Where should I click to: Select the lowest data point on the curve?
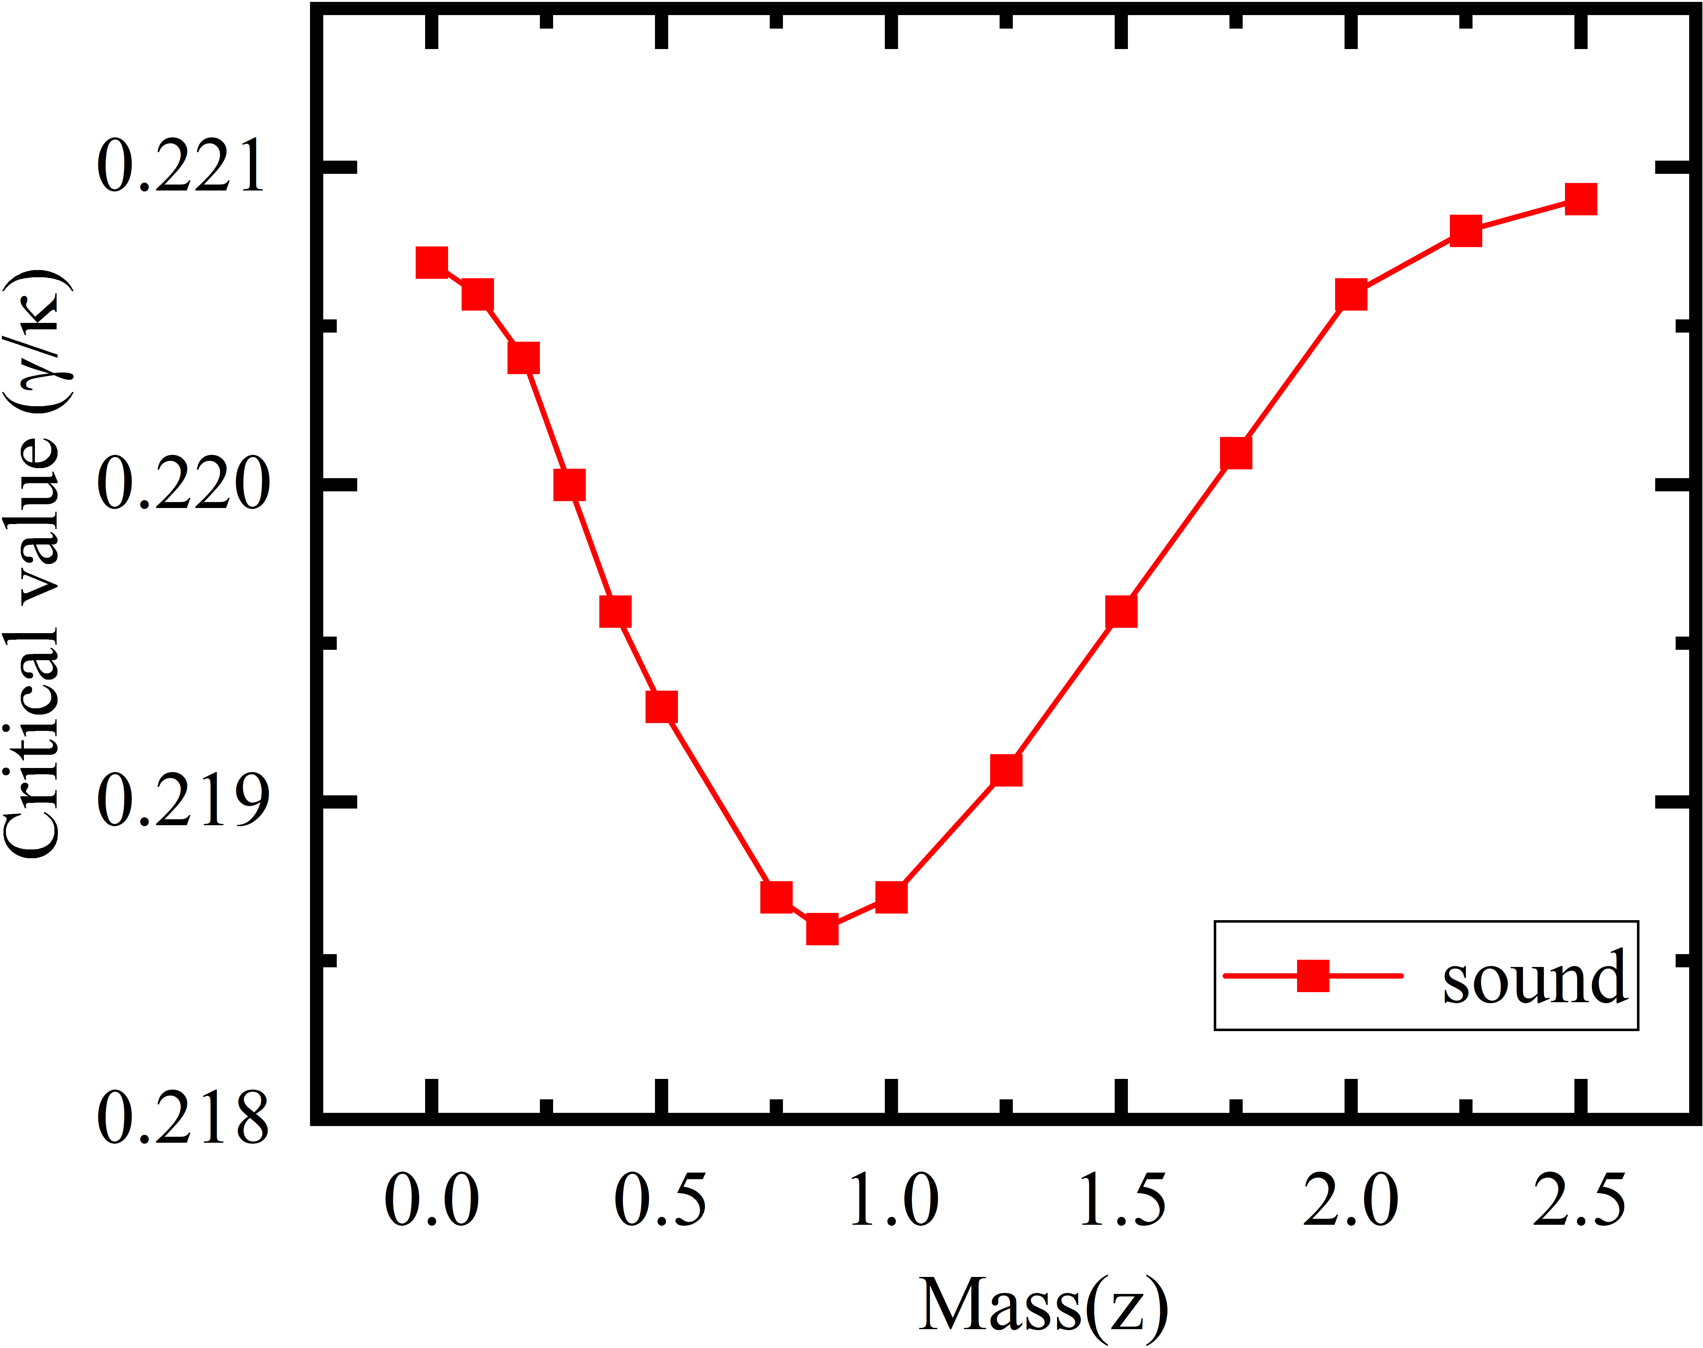[x=822, y=930]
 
